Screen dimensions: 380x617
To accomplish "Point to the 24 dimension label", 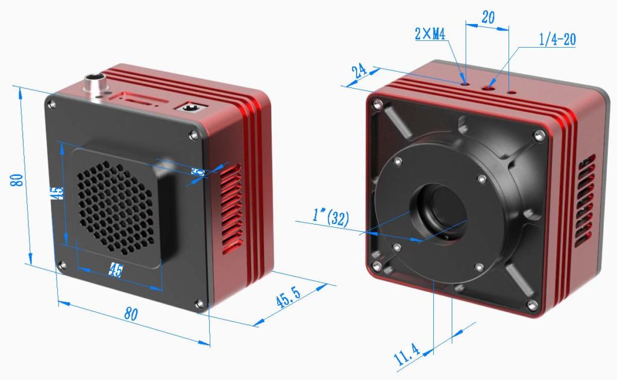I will tap(360, 71).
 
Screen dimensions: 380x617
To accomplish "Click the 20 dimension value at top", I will tap(488, 17).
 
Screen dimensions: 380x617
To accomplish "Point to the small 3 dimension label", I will tap(196, 172).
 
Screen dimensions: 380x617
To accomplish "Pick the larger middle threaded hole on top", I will tap(488, 89).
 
